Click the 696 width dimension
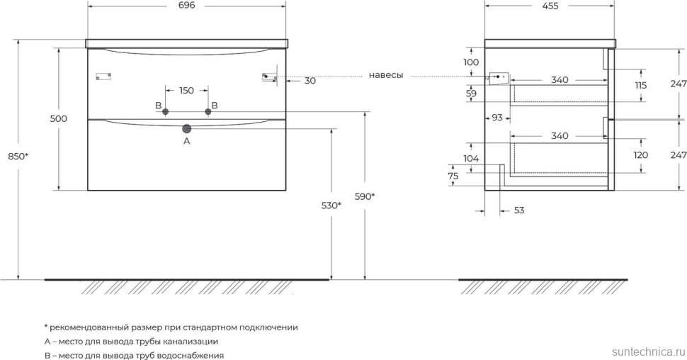pos(186,6)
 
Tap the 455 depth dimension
pos(550,6)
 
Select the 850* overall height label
pos(18,156)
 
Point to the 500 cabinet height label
pos(59,118)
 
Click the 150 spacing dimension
pos(186,90)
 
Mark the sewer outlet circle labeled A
pos(187,128)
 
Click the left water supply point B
pos(165,112)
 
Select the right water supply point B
pos(208,112)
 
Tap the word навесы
pos(385,75)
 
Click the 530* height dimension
pos(331,206)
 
